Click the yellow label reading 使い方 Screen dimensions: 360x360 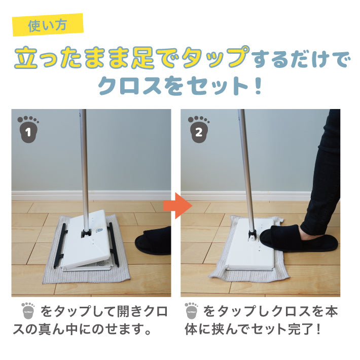[x=48, y=25]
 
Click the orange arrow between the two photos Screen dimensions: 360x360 [x=178, y=205]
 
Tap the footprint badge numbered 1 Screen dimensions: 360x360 [x=28, y=129]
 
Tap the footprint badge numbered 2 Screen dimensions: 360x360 [x=199, y=129]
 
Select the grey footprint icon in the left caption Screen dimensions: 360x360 [x=28, y=311]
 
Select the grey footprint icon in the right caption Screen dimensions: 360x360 [x=192, y=311]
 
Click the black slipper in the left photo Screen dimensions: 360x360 [x=153, y=241]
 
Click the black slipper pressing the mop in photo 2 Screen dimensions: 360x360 [x=299, y=238]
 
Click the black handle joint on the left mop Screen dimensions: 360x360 [x=86, y=233]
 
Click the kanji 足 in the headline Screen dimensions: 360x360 [x=142, y=57]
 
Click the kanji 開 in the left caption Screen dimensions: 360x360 [x=123, y=311]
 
